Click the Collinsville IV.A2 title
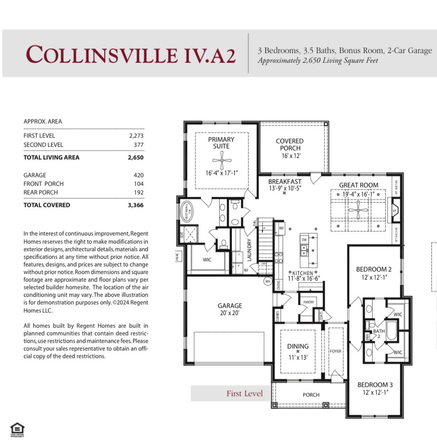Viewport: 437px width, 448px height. click(131, 54)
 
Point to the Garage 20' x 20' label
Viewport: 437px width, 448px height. click(230, 309)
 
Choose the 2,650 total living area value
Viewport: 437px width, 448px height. click(136, 158)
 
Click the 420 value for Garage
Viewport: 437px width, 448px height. click(139, 175)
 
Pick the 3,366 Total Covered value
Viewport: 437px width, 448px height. click(135, 205)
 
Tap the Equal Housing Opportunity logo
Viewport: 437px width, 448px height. click(17, 430)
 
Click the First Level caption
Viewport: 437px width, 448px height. click(245, 393)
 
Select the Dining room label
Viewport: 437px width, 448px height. click(298, 347)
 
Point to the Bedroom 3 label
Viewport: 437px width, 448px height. click(374, 385)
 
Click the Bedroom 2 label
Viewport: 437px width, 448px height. click(374, 269)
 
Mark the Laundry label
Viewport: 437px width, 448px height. click(249, 250)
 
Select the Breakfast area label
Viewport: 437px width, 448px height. click(285, 181)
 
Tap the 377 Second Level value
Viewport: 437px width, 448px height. click(138, 144)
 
